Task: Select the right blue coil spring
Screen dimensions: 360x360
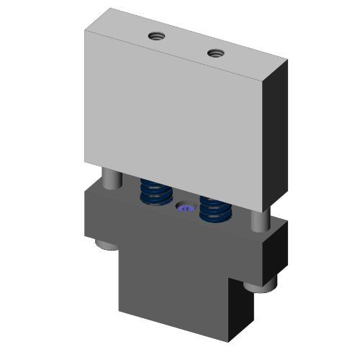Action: tap(213, 208)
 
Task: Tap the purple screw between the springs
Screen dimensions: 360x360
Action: tap(186, 209)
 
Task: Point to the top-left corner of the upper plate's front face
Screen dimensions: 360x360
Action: tap(85, 32)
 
